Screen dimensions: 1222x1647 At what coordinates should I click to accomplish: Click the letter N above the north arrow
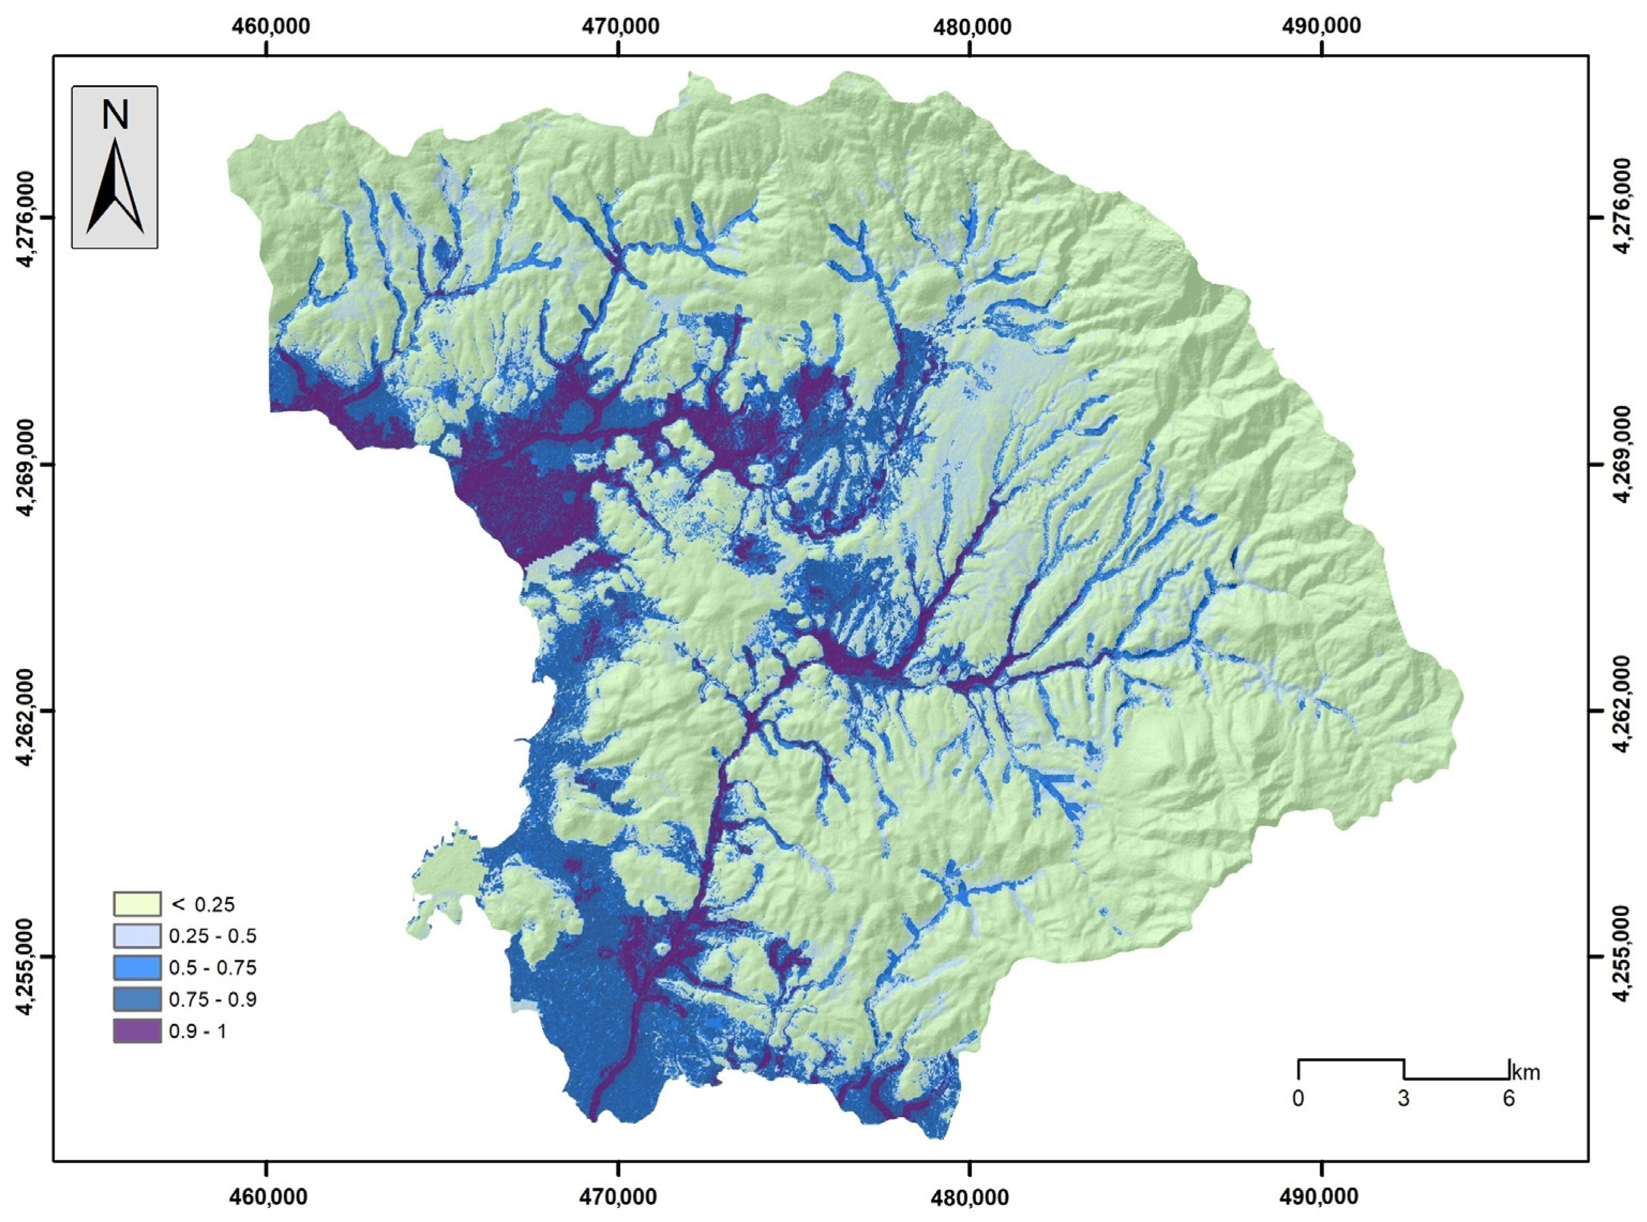pyautogui.click(x=115, y=115)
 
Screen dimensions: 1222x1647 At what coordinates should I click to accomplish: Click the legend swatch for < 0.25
pyautogui.click(x=137, y=904)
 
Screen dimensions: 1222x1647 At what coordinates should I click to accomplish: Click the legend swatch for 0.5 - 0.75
pyautogui.click(x=137, y=968)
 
